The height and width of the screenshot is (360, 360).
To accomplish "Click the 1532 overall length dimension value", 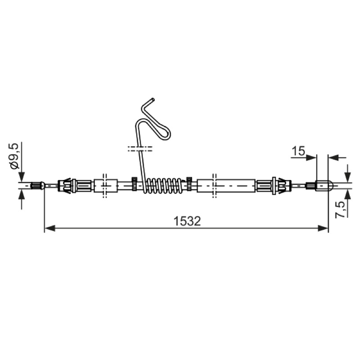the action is (x=187, y=221).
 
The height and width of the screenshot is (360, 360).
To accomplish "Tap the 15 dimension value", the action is (x=298, y=151).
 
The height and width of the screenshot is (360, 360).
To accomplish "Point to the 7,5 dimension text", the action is (x=340, y=210).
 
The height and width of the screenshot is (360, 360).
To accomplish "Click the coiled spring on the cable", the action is (x=163, y=185).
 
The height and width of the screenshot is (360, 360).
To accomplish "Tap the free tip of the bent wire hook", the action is (x=153, y=99).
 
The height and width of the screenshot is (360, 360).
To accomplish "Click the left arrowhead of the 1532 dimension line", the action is (x=49, y=228).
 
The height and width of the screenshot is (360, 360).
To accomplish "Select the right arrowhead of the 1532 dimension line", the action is (x=323, y=228).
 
